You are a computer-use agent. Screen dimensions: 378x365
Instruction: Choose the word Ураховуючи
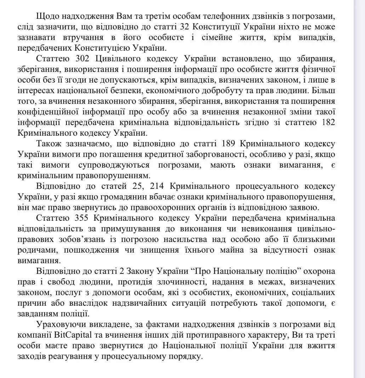[x=58, y=325]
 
